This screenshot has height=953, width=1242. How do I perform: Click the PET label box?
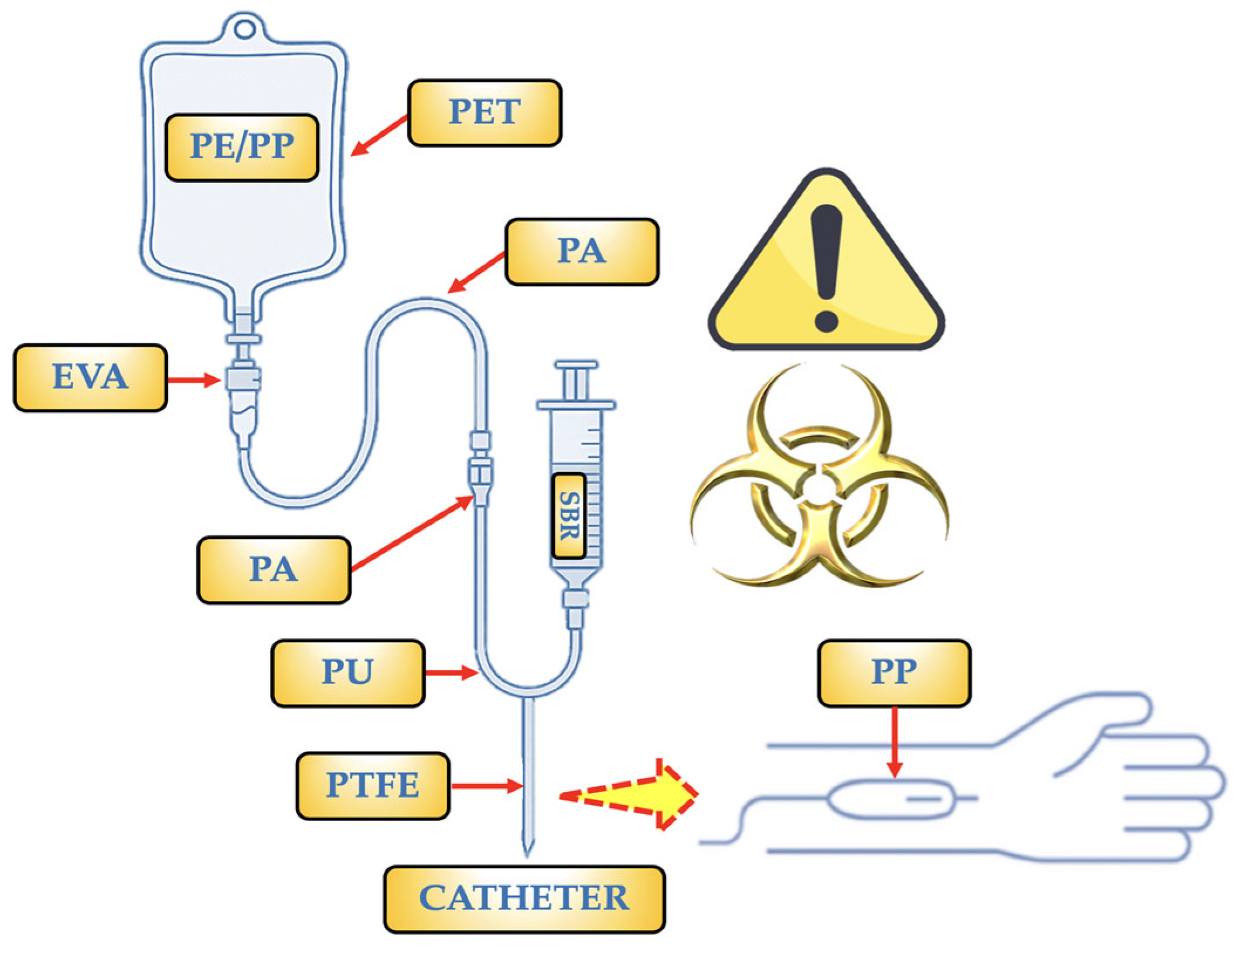point(484,112)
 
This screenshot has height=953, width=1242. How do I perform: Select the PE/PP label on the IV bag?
point(242,147)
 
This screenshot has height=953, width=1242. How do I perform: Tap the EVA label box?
point(90,377)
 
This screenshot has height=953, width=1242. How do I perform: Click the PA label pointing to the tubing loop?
point(581,251)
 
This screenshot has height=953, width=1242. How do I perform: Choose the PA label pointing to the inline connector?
point(274,569)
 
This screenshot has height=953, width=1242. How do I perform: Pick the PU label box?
point(347,672)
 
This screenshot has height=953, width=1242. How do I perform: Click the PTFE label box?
point(373,785)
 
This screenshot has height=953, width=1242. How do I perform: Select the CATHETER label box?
point(524,899)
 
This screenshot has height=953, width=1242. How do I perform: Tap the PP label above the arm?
point(893,672)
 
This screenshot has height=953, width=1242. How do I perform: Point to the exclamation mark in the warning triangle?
point(826,267)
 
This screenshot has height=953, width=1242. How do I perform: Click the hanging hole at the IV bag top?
point(244,29)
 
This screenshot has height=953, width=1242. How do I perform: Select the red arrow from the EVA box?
point(193,380)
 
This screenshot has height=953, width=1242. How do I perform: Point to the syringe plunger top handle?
point(576,365)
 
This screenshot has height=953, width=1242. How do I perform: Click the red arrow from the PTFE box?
point(486,785)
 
